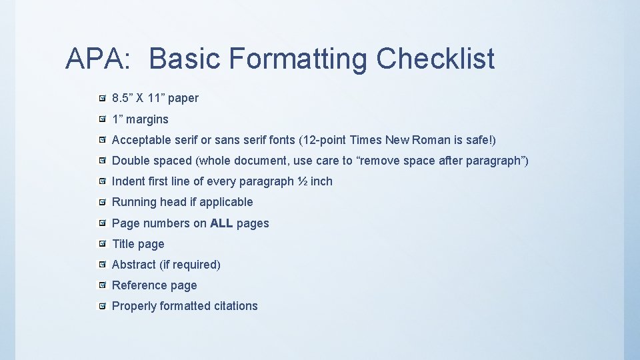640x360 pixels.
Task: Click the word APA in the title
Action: tap(93, 59)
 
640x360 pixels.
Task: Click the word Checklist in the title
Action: tap(435, 59)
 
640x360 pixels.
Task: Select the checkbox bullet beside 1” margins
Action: tap(101, 119)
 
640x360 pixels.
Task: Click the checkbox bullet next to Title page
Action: tap(101, 244)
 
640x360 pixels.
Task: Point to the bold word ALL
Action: tap(221, 223)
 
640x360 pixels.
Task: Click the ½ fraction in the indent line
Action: tap(302, 181)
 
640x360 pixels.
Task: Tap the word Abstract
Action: tap(134, 265)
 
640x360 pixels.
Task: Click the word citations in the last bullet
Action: tap(235, 306)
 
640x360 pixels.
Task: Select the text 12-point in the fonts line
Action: tap(325, 140)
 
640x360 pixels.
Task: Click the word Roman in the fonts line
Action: tap(431, 140)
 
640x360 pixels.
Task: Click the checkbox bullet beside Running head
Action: tap(101, 202)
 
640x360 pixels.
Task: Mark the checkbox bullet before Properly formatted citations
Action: tap(101, 306)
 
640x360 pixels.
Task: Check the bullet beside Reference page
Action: tap(101, 285)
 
